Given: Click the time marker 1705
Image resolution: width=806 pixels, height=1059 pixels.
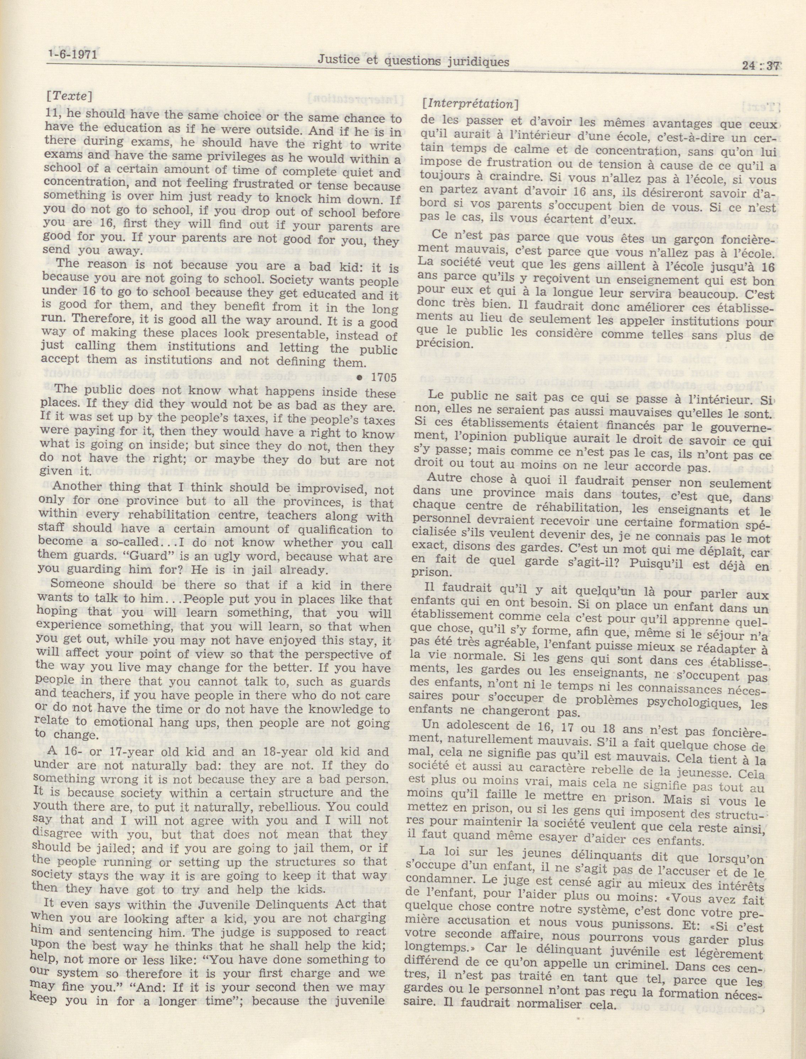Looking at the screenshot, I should click(x=384, y=377).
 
